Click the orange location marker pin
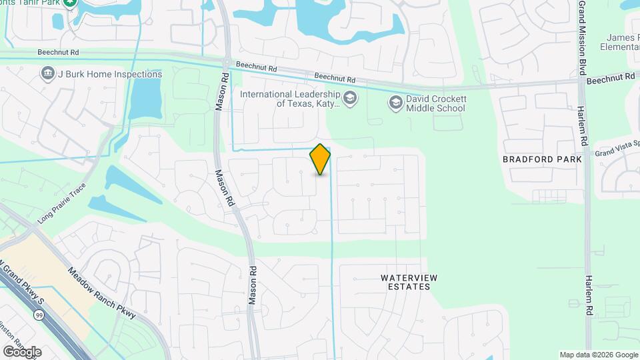coord(321,159)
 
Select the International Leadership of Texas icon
coord(351,99)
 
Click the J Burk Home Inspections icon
coord(47,73)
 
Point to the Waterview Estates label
coord(405,281)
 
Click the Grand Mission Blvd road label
coord(582,37)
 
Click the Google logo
coord(22,351)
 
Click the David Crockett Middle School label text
coord(436,103)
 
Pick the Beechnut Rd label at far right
coord(610,79)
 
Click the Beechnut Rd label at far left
coord(20,51)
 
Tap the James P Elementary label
coord(620,43)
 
